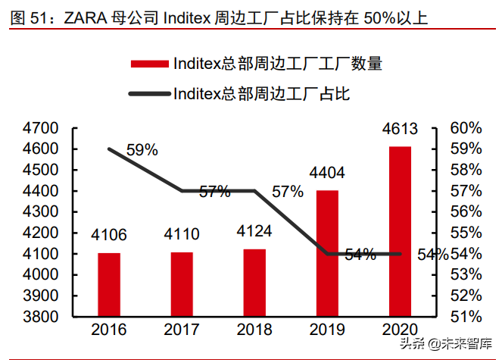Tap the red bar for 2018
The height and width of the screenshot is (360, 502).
[x=254, y=281]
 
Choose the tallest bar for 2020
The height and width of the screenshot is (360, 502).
[x=400, y=230]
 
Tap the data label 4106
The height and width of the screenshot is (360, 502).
[x=109, y=234]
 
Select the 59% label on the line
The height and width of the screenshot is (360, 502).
[x=142, y=150]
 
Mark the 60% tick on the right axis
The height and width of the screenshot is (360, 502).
[x=466, y=127]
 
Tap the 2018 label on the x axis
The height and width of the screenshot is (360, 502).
[x=254, y=330]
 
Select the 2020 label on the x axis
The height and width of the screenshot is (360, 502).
[x=400, y=330]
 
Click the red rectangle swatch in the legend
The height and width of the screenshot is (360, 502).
[x=148, y=64]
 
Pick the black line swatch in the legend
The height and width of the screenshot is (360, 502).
[x=148, y=94]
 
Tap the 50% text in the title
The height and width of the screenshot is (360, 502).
[x=379, y=17]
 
